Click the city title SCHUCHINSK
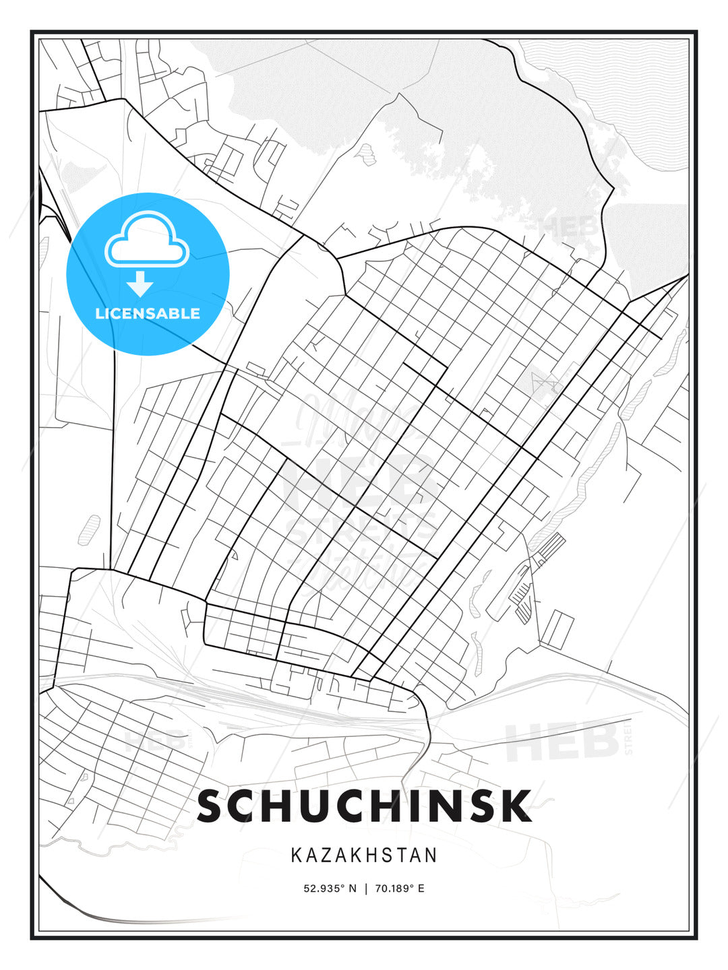[364, 806]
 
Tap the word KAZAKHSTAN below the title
[364, 855]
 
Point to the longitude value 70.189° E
[400, 888]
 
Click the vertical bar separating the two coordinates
[365, 888]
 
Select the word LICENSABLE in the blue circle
[148, 313]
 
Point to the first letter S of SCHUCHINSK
[212, 806]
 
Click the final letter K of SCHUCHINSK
[516, 806]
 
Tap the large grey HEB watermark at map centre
[357, 478]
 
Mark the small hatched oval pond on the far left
[89, 529]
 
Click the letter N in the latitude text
[352, 888]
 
